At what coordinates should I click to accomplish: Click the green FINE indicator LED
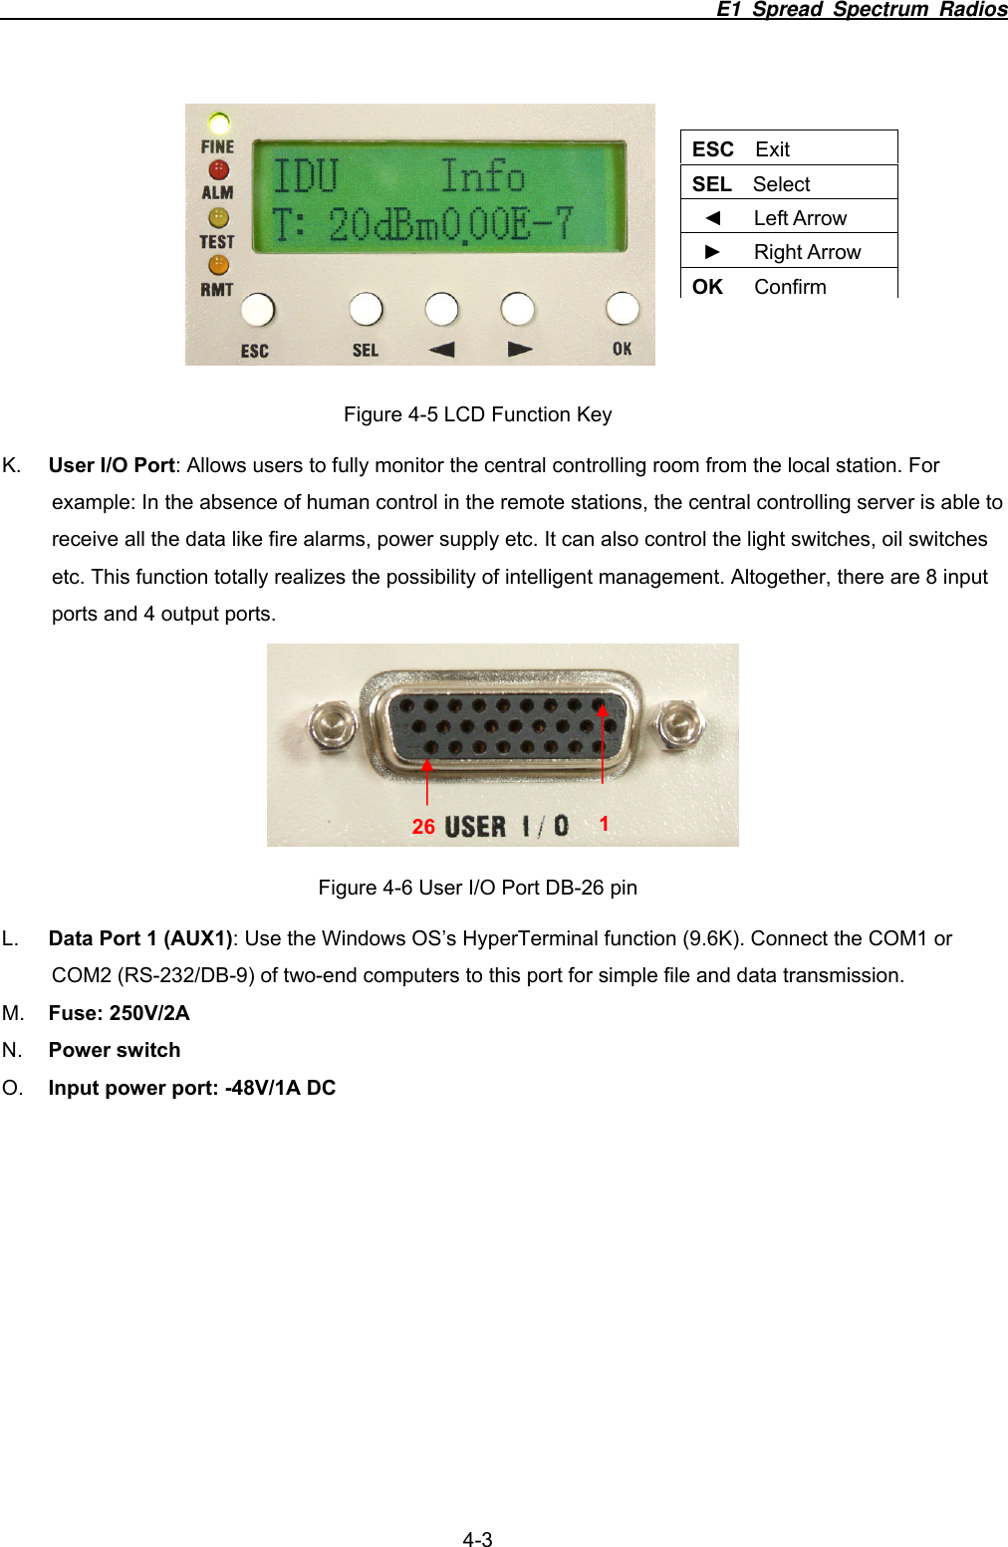219,124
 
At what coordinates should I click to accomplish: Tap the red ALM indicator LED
218,170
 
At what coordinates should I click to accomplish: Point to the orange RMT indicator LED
218,265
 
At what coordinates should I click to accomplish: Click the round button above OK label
623,309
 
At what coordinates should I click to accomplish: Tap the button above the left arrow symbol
441,309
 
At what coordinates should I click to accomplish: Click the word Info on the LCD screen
482,176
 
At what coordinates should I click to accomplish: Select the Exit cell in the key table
772,149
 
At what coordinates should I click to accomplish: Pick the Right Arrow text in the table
807,252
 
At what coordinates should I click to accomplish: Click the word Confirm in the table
790,287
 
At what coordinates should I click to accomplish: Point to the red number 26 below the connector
423,827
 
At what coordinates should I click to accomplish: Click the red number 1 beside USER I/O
604,824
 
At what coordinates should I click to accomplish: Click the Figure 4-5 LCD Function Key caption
477,414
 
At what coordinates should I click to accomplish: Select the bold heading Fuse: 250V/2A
119,1013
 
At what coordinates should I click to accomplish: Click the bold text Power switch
115,1050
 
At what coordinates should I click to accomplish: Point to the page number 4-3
477,1539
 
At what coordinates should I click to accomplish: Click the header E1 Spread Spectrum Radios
861,9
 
